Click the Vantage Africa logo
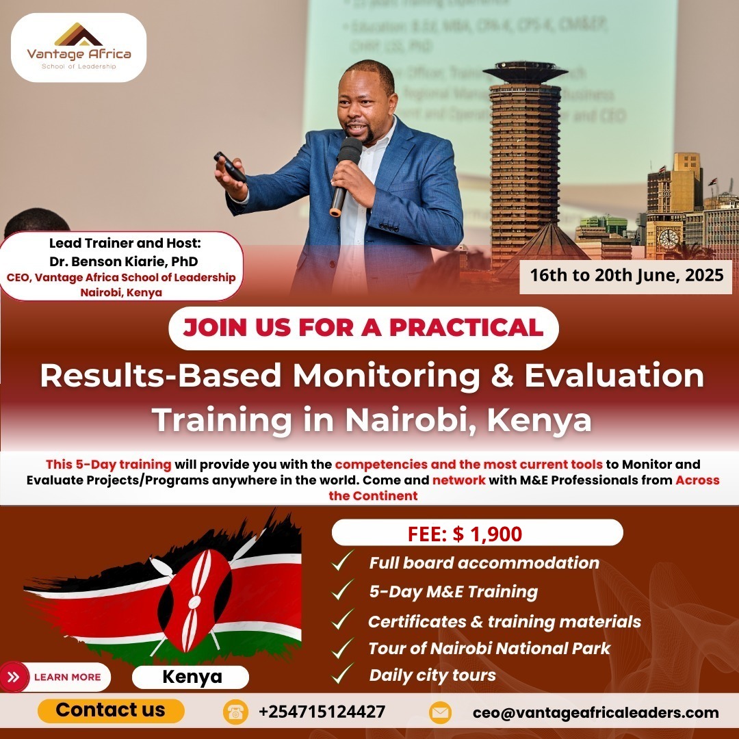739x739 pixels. pyautogui.click(x=79, y=47)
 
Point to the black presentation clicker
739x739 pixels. pyautogui.click(x=230, y=166)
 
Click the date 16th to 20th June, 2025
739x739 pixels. pyautogui.click(x=625, y=276)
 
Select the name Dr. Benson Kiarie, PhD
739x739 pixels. pyautogui.click(x=124, y=261)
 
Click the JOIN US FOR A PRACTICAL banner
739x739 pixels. pyautogui.click(x=363, y=327)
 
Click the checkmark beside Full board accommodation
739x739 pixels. pyautogui.click(x=342, y=562)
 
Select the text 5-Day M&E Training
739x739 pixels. pyautogui.click(x=453, y=591)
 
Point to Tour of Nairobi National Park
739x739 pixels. pyautogui.click(x=489, y=647)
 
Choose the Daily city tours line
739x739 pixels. pyautogui.click(x=432, y=675)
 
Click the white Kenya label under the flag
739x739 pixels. pyautogui.click(x=192, y=677)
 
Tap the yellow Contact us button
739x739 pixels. pyautogui.click(x=111, y=710)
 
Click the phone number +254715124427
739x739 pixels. pyautogui.click(x=322, y=712)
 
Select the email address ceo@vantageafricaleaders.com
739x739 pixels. pyautogui.click(x=595, y=712)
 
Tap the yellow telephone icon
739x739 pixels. pyautogui.click(x=235, y=712)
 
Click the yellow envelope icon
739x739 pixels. pyautogui.click(x=440, y=712)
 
